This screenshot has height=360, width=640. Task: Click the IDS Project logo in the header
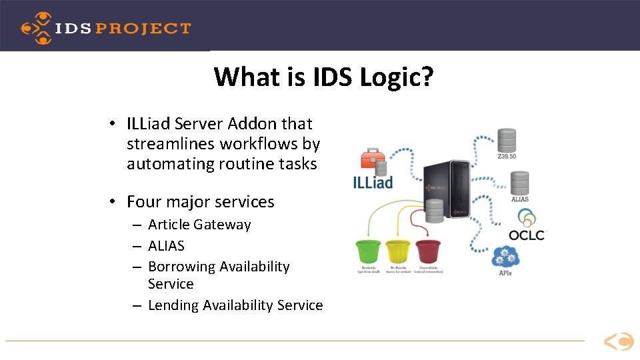pos(105,28)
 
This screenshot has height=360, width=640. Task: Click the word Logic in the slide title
pos(397,77)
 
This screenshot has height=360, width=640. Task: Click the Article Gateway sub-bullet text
pos(199,225)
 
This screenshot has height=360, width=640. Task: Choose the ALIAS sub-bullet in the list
pos(166,246)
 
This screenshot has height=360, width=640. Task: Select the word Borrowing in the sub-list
pos(182,267)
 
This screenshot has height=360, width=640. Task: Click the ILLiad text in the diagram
pos(373,181)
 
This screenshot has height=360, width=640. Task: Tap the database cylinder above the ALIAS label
pos(519,183)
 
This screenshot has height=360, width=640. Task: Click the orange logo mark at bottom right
pos(619,342)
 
